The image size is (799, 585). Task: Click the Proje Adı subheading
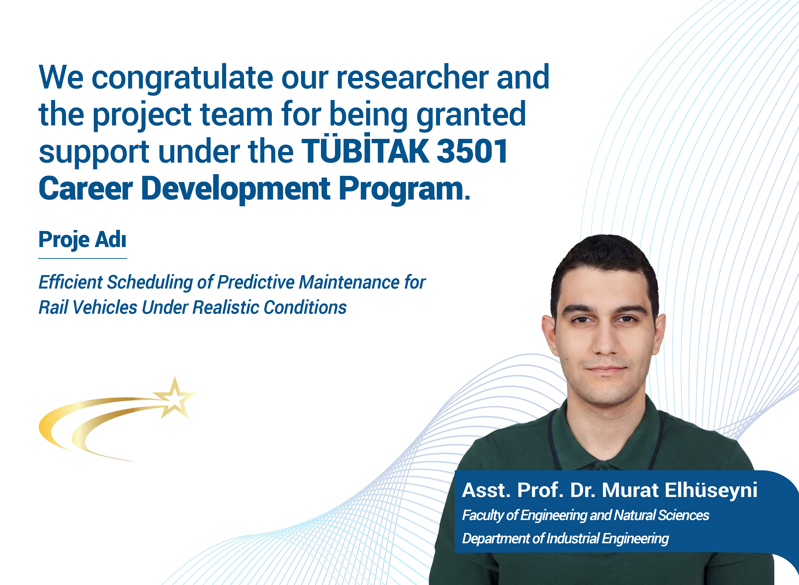(x=82, y=240)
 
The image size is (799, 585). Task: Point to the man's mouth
(x=606, y=370)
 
